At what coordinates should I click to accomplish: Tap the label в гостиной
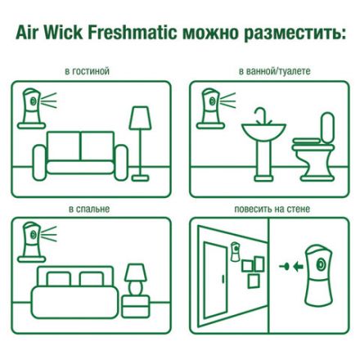(x=89, y=72)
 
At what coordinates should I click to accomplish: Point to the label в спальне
(x=89, y=209)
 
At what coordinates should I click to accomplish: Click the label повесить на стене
(x=271, y=209)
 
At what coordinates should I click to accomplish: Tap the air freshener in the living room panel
(x=29, y=104)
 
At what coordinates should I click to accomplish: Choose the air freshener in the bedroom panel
(x=29, y=241)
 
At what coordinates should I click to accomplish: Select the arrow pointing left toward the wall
(x=287, y=266)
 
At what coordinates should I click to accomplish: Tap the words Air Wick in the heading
(x=46, y=34)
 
